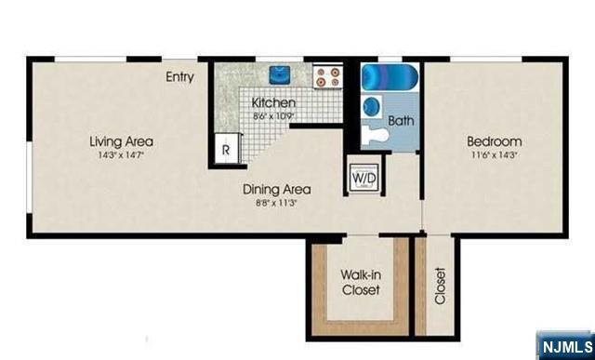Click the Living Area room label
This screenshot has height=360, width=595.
[x=121, y=141]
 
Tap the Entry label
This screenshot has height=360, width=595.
[x=179, y=77]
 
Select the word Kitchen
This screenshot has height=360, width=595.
[x=273, y=102]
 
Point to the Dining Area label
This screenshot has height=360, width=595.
[x=276, y=190]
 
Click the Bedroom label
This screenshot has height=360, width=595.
[x=494, y=141]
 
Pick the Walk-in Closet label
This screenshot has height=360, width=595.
[x=358, y=282]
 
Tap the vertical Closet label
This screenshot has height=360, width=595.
[x=439, y=287]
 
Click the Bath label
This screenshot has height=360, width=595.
[x=401, y=121]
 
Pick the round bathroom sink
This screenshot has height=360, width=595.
[x=372, y=105]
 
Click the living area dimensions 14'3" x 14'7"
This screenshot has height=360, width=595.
[x=121, y=155]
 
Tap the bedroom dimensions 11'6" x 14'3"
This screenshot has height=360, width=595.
[x=494, y=155]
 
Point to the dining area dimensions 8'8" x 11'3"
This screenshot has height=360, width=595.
[x=276, y=203]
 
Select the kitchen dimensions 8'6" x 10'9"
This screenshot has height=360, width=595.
[x=273, y=116]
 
